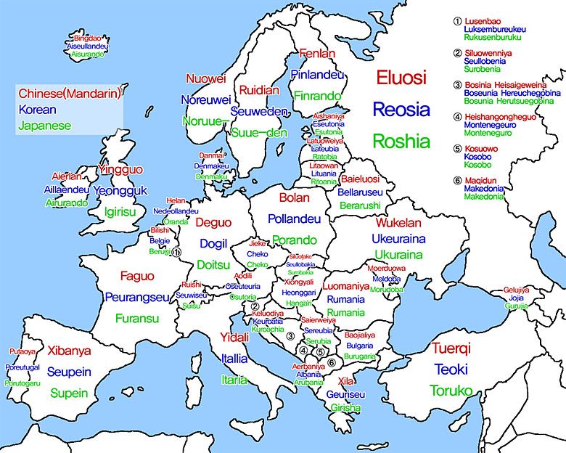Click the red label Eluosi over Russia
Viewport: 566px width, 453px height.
[401, 78]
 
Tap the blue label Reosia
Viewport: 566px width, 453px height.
[398, 110]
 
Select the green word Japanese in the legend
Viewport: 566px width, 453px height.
[45, 126]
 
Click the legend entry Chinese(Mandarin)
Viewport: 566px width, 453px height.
[70, 94]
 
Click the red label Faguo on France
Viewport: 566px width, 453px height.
[137, 276]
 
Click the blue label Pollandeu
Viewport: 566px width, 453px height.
[294, 219]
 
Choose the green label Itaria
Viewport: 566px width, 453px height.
[234, 380]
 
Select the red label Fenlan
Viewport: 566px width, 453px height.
[317, 54]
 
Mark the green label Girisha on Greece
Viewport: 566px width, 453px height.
[345, 408]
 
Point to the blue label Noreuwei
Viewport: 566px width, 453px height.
[205, 99]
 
